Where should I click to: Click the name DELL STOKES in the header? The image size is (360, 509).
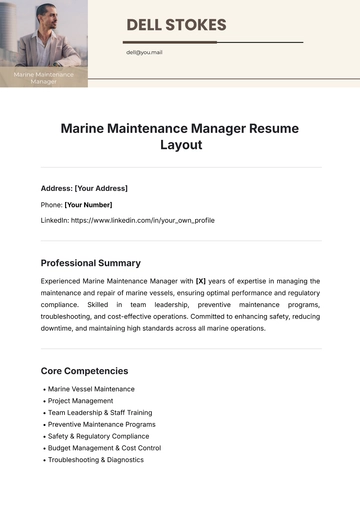[177, 25]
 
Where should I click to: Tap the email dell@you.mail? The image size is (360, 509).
[144, 52]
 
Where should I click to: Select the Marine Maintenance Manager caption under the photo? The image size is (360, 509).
[43, 77]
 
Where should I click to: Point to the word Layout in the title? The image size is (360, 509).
[181, 145]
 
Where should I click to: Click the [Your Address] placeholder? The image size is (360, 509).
[101, 188]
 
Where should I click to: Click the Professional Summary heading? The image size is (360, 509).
[91, 263]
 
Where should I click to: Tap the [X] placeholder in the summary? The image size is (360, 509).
[201, 281]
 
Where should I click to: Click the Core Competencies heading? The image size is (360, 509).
[85, 370]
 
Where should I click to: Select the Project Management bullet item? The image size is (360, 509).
[81, 400]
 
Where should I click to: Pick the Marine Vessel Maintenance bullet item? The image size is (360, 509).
[91, 388]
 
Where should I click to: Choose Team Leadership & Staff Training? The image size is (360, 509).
[100, 412]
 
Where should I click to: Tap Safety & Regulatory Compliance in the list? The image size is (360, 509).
[99, 436]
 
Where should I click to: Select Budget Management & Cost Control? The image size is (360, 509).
[104, 448]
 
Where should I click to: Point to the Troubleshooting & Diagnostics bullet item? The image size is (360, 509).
[95, 460]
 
